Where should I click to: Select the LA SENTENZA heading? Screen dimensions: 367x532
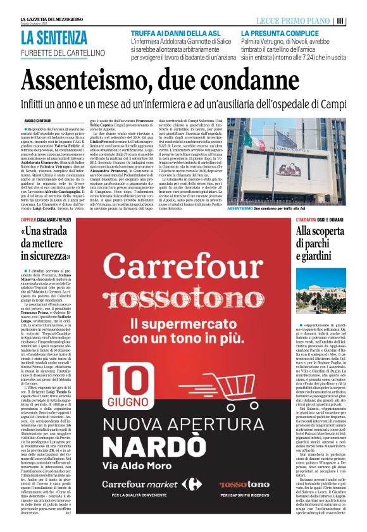pos(53,37)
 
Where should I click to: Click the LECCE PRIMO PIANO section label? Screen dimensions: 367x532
pos(292,21)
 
